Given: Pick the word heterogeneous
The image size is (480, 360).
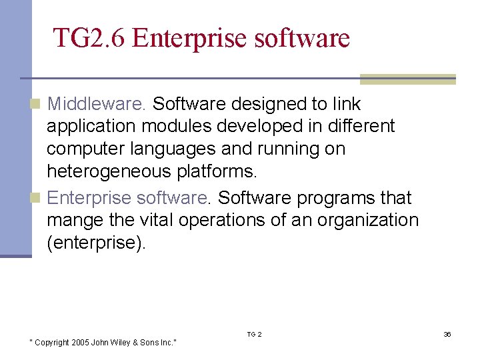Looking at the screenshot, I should (109, 171).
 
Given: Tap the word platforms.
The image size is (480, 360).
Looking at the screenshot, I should (217, 171).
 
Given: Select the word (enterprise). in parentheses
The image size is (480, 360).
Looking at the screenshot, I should (96, 243).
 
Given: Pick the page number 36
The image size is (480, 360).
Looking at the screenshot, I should (447, 334).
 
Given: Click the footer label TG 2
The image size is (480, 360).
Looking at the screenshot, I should (255, 334).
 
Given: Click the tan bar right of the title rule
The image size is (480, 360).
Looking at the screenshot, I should (407, 79).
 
